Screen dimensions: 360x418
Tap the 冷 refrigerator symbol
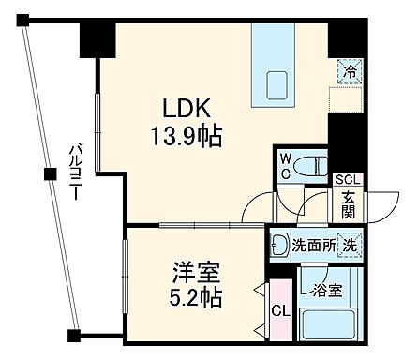click(349, 70)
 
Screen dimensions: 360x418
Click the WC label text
click(284, 166)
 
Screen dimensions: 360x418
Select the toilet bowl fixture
click(309, 166)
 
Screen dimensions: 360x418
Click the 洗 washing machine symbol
click(348, 245)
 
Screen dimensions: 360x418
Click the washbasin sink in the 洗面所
click(278, 247)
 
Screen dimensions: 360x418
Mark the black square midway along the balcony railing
click(50, 172)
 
